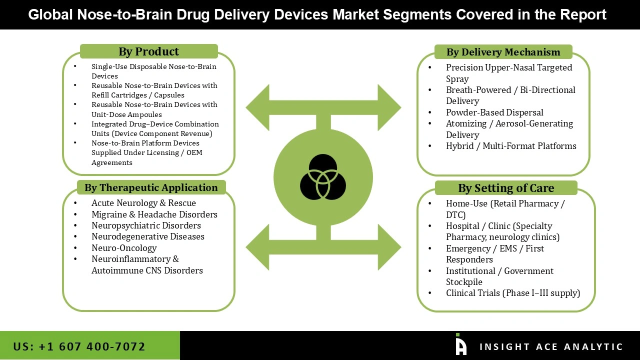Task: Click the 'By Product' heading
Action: point(148,51)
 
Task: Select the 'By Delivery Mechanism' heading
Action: point(503,52)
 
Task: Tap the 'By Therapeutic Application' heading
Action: point(151,187)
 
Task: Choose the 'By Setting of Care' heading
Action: point(506,188)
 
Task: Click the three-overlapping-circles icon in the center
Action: point(323,177)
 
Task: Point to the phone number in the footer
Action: point(79,346)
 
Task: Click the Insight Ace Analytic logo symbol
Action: point(461,345)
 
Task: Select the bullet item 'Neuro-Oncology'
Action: point(124,247)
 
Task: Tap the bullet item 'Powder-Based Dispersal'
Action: point(494,112)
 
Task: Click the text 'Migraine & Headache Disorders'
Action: point(154,214)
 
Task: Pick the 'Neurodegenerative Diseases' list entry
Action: point(148,236)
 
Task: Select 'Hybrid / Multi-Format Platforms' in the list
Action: point(511,146)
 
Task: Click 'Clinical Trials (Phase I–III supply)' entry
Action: point(513,293)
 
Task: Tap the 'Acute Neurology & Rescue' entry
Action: point(143,203)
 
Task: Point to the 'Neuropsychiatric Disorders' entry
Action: point(146,225)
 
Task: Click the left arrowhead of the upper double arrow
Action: point(258,107)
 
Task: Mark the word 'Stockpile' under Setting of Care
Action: point(464,282)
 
